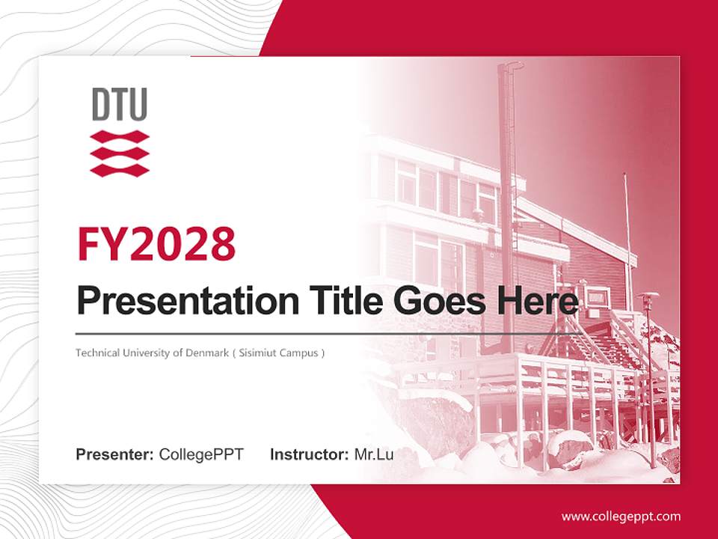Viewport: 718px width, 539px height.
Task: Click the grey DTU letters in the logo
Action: (120, 104)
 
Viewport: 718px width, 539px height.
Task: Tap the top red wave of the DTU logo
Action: (120, 137)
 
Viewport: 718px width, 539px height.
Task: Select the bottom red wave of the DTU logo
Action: (120, 169)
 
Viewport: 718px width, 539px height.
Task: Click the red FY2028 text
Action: (156, 244)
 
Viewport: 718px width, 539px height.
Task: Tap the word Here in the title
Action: (537, 301)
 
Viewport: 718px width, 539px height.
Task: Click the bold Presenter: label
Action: (115, 454)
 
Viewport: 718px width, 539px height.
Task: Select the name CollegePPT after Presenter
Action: (201, 454)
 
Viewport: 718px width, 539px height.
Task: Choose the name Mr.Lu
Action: (374, 454)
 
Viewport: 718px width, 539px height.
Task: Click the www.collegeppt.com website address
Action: (621, 516)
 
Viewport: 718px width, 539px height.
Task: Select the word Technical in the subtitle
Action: (96, 353)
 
